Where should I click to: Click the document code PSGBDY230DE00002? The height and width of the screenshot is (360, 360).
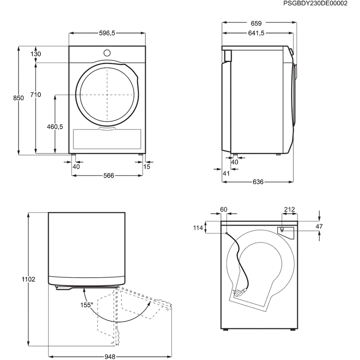click(x=315, y=4)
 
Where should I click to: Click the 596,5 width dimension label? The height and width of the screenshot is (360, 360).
click(x=107, y=33)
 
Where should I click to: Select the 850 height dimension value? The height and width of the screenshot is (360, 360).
click(x=18, y=98)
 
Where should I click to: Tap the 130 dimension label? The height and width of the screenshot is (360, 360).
click(x=36, y=54)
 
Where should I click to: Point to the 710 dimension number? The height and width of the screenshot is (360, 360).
click(x=36, y=94)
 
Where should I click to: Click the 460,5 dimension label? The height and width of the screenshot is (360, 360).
click(x=55, y=126)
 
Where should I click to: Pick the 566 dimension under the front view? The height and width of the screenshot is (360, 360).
click(x=108, y=175)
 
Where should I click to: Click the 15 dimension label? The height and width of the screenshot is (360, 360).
click(x=147, y=166)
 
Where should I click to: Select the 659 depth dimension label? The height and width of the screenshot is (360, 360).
click(x=256, y=23)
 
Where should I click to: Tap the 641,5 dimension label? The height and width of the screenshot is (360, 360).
click(x=256, y=33)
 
